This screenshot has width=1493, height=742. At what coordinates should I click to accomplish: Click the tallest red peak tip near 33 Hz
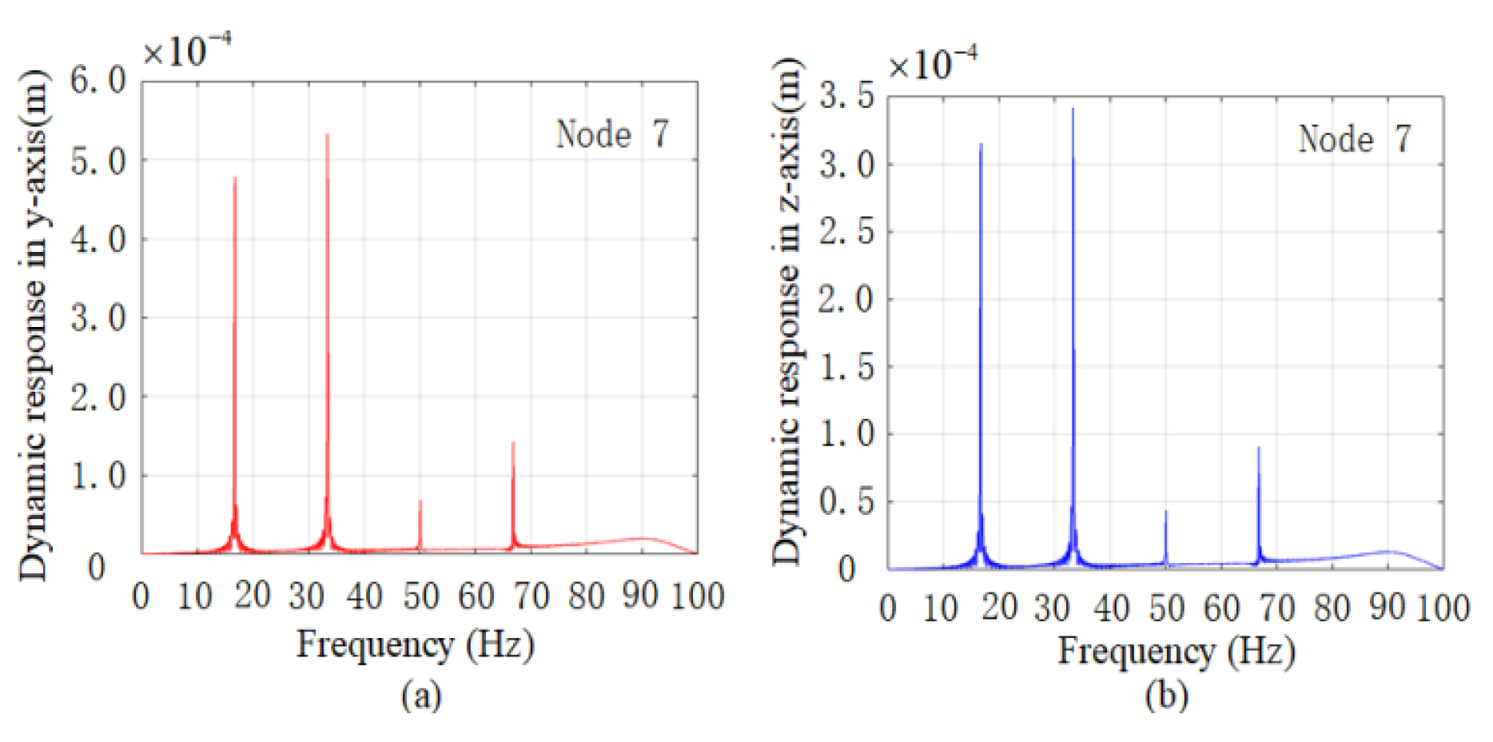(327, 135)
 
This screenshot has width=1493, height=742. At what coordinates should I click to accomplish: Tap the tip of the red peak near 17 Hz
(234, 178)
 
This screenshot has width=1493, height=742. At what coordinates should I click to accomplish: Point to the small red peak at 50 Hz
(420, 502)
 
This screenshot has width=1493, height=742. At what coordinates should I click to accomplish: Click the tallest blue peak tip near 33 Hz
(1073, 110)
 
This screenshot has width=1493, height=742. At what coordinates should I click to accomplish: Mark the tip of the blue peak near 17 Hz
(981, 145)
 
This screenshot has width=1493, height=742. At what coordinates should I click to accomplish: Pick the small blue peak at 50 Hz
(1166, 512)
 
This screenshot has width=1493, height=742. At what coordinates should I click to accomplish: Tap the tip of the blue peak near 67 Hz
(1259, 448)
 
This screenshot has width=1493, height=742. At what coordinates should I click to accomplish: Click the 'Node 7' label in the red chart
(612, 134)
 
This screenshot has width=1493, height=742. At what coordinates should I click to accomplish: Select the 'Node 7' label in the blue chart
(1355, 139)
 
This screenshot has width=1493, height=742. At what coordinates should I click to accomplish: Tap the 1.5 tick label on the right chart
(846, 367)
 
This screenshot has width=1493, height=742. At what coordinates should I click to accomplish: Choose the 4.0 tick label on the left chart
(98, 239)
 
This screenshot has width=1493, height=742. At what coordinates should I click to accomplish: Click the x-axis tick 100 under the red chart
(697, 596)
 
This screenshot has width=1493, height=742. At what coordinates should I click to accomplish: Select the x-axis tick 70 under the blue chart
(1276, 608)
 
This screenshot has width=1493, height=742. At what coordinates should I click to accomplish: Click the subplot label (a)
(420, 695)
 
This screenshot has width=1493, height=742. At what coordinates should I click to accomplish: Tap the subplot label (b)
(1166, 696)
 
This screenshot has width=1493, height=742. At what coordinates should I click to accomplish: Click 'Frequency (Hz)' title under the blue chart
(1176, 651)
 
